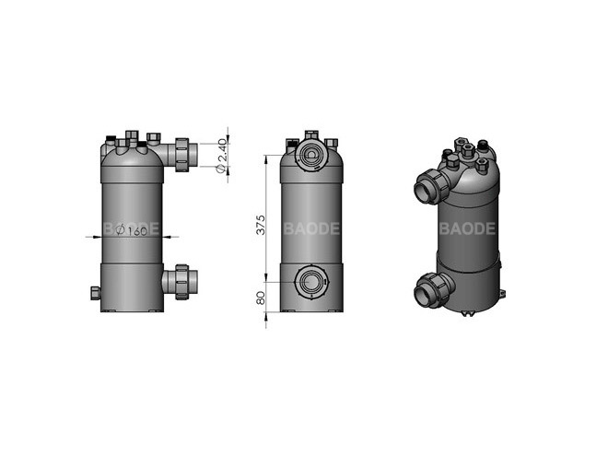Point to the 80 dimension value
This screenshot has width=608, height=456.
coord(261,298)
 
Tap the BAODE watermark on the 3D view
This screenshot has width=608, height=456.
coord(467,228)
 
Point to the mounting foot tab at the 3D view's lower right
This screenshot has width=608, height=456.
coord(503,294)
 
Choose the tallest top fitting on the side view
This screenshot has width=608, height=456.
coord(130,136)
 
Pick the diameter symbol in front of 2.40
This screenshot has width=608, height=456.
coord(220,172)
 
